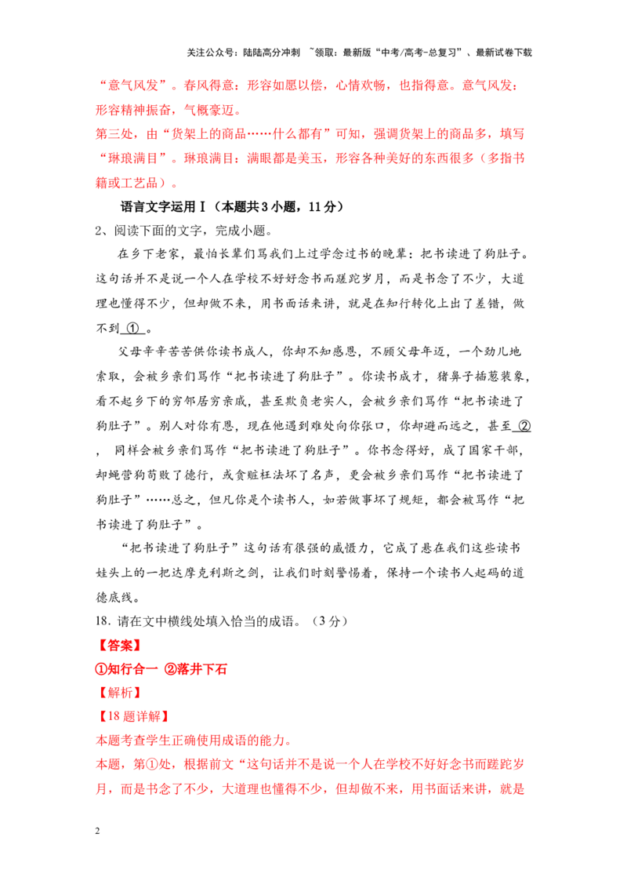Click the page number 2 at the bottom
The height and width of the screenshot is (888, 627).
(x=98, y=831)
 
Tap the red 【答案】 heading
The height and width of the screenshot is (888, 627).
(x=120, y=645)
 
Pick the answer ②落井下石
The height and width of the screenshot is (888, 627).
(x=196, y=669)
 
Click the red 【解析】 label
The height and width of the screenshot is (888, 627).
(x=120, y=693)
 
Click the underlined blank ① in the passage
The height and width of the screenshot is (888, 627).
(x=132, y=329)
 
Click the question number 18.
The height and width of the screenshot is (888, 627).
(x=102, y=621)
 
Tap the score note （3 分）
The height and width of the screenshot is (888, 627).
(x=328, y=621)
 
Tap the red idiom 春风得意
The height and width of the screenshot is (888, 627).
(x=208, y=86)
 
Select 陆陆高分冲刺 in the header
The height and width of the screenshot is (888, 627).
(x=271, y=53)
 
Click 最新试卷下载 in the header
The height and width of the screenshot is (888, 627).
(x=504, y=53)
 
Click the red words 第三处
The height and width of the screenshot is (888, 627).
(x=114, y=134)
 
